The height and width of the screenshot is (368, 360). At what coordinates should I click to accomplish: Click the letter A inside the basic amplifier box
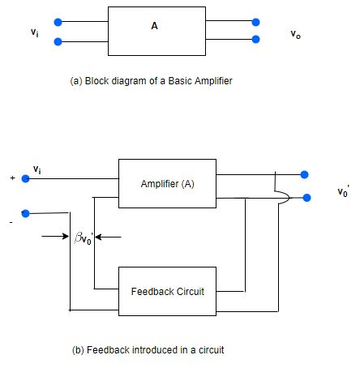[x=154, y=26]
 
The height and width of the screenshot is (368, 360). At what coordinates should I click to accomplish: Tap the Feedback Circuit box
[x=166, y=289]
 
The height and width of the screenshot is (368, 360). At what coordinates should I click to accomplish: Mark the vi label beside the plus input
[x=37, y=169]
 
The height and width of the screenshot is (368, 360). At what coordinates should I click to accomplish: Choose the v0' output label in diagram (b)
[x=344, y=193]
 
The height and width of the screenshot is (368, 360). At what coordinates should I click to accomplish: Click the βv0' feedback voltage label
[x=85, y=238]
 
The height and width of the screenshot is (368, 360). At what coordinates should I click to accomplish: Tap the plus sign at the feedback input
[x=12, y=178]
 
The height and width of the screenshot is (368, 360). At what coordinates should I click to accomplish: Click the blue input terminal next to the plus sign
[x=26, y=178]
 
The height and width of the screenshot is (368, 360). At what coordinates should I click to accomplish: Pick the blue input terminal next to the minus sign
[x=26, y=213]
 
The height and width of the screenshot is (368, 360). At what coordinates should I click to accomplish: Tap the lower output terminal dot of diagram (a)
[x=256, y=40]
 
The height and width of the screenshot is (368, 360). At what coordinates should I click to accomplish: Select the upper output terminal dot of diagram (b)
[x=304, y=173]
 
